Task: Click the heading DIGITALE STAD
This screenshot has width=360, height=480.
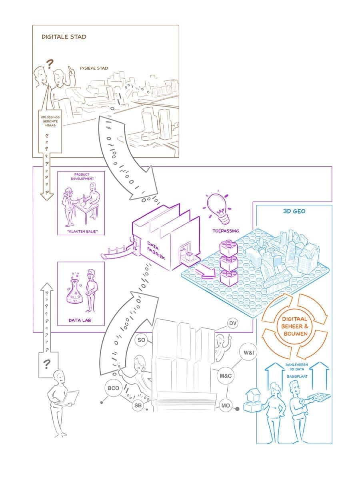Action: tap(64, 37)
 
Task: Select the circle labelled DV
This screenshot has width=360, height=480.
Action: tap(232, 323)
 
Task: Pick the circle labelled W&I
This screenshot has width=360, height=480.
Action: tap(248, 354)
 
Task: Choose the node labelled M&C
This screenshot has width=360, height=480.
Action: tap(226, 376)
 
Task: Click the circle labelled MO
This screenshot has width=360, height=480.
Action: tap(225, 406)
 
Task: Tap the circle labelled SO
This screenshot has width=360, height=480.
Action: tap(141, 340)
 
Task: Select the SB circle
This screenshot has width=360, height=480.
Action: tap(138, 406)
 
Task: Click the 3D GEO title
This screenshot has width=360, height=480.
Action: tap(294, 211)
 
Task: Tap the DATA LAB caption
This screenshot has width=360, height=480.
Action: tap(81, 320)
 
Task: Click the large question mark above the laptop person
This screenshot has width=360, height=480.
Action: tap(47, 364)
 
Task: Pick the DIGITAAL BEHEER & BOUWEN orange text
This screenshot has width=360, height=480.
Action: tap(294, 326)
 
